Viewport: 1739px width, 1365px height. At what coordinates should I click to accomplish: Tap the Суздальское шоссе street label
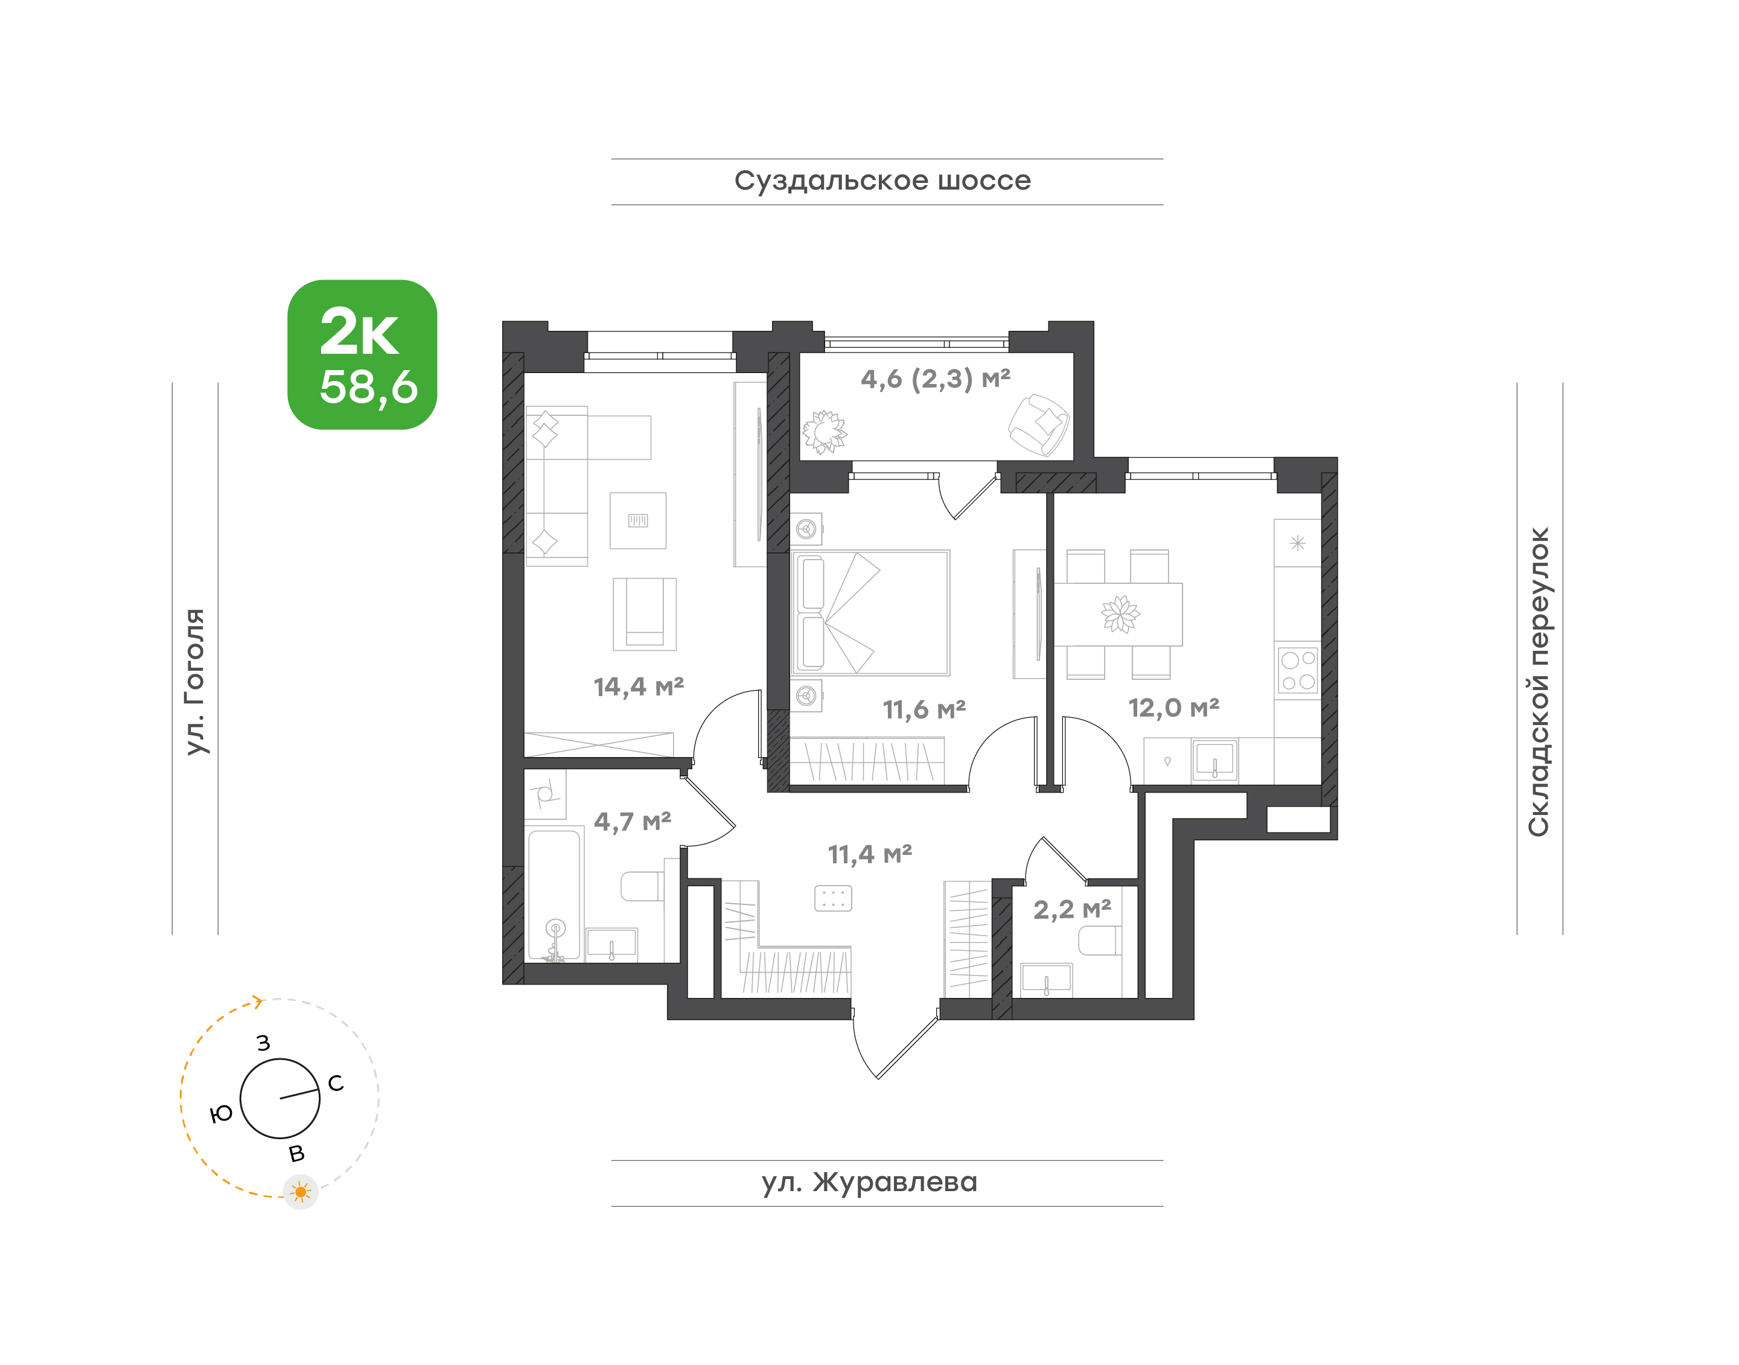pos(882,181)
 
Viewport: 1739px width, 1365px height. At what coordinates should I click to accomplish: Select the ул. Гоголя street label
pos(194,682)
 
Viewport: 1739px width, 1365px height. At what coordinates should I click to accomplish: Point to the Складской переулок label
pos(1539,682)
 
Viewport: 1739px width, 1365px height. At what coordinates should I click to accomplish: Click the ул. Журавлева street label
pos(869,1182)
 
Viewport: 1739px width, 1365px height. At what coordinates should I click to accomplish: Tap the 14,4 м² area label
pos(639,686)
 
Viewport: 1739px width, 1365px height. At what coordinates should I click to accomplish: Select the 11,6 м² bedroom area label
pos(924,709)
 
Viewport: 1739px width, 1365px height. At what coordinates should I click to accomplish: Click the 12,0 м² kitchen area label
pos(1173,708)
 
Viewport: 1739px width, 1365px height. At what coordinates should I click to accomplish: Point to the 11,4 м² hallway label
pos(869,854)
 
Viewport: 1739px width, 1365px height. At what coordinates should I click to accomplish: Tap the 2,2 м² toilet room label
pos(1071,909)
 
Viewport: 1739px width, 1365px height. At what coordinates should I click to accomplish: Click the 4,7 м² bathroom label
pos(632,821)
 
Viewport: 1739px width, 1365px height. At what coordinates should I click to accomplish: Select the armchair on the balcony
pos(1038,425)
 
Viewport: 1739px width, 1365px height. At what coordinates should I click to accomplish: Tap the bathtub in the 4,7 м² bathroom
pos(554,895)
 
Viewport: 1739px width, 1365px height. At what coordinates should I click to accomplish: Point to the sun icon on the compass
pos(301,1192)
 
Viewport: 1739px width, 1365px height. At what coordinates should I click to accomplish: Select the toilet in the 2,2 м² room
pos(1100,941)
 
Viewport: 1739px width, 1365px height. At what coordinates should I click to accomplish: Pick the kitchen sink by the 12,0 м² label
pos(1214,760)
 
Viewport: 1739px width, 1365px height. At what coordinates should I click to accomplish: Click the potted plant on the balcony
pos(824,432)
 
